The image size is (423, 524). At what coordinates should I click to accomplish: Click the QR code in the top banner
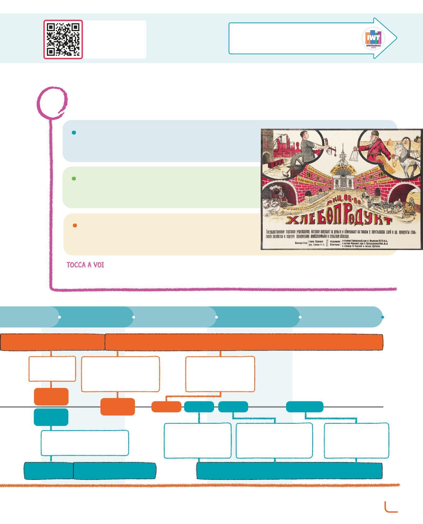[63, 40]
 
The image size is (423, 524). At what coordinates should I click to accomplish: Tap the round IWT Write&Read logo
[374, 39]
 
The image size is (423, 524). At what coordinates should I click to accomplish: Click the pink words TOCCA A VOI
[85, 265]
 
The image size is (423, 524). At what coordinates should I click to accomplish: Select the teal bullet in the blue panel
[74, 133]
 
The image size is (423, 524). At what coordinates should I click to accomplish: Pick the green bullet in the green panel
[74, 179]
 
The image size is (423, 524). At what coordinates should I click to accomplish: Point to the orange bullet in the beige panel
[75, 226]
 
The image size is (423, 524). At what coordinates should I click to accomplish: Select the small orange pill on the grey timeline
[166, 407]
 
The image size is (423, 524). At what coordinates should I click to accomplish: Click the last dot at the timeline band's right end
[383, 317]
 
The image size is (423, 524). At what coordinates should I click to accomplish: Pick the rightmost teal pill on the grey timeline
[304, 407]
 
